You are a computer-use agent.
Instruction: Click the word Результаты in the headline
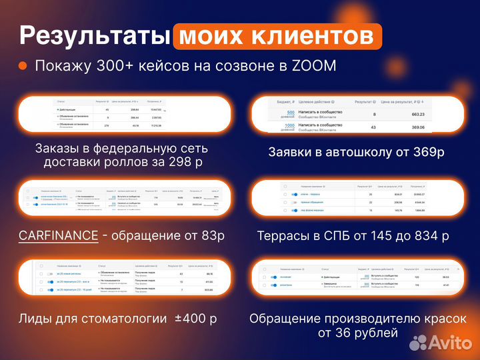point(93,35)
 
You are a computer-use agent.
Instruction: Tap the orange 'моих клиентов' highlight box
point(277,35)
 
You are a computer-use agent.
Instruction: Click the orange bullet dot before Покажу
point(23,66)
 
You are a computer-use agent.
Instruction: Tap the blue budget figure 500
point(290,112)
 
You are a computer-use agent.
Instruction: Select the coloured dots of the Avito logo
point(418,343)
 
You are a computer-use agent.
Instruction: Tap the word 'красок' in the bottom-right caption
point(443,319)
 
